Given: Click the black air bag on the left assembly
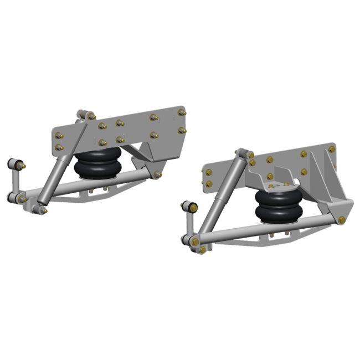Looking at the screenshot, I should click(97, 163).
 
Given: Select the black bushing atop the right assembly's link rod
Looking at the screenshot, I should click(192, 207).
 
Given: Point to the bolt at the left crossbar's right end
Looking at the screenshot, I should click(158, 175).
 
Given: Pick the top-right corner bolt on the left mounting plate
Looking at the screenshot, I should click(182, 112).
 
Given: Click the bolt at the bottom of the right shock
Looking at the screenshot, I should click(195, 242).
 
